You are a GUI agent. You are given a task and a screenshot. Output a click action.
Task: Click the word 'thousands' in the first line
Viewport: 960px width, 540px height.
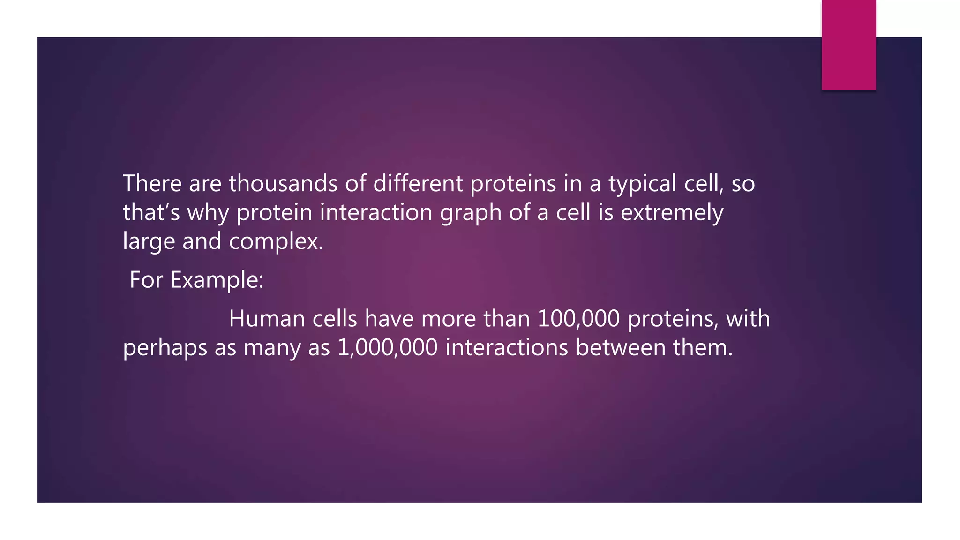coord(283,183)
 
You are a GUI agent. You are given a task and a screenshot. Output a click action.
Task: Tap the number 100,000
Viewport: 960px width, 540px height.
coord(578,319)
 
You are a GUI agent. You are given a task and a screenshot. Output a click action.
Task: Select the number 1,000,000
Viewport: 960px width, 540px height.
coord(387,348)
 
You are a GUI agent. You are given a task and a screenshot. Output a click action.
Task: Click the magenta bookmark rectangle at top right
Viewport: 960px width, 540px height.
coord(848,45)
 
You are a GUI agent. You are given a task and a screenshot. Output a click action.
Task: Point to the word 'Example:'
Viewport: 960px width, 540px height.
coord(217,280)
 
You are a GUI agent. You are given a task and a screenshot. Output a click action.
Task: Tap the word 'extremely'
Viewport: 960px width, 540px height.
coord(672,213)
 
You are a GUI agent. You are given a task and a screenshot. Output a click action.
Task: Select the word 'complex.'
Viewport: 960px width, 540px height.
coord(276,242)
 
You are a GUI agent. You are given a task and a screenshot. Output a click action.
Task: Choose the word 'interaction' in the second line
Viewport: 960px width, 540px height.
coord(376,212)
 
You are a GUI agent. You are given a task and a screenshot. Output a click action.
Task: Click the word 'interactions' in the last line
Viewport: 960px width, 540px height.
coord(506,348)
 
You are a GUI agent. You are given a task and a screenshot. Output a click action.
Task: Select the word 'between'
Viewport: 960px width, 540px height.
coord(620,348)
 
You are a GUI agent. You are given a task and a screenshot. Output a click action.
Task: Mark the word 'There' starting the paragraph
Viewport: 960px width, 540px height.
coord(152,183)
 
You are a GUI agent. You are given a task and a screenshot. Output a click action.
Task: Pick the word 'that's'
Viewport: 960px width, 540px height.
coord(151,212)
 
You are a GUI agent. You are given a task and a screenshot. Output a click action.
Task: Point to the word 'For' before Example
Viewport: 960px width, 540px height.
coord(146,280)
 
